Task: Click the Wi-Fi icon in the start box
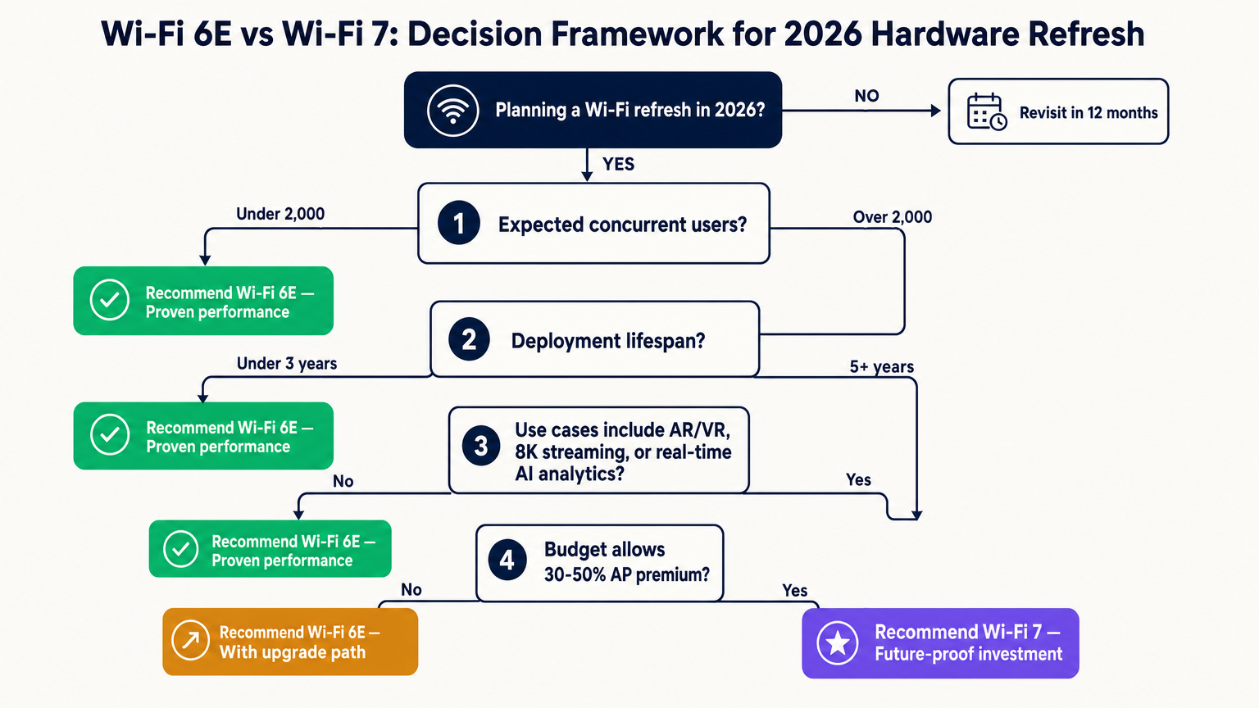[452, 111]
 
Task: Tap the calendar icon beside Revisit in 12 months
[986, 111]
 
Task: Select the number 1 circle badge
[459, 223]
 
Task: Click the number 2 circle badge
[469, 339]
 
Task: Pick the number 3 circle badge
[481, 446]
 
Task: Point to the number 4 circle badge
[507, 560]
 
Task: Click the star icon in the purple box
[838, 643]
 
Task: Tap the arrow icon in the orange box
[190, 640]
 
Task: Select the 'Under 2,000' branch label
[280, 214]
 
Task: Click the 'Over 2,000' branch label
[892, 217]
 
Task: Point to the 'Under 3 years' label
[287, 364]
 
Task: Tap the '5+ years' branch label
[881, 367]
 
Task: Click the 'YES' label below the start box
[618, 165]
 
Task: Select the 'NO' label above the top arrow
[866, 96]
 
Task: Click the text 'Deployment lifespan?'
[607, 341]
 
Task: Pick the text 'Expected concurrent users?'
[622, 225]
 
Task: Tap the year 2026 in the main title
[822, 34]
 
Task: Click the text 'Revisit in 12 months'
[1089, 113]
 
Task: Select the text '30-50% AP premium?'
[626, 575]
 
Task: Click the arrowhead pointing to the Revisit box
[936, 111]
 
